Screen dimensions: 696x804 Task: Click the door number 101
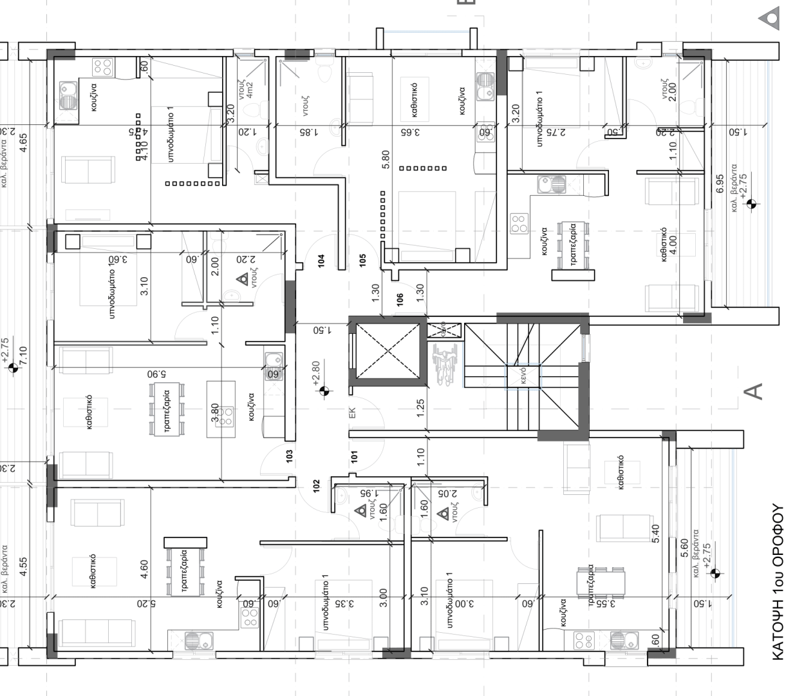pyautogui.click(x=354, y=457)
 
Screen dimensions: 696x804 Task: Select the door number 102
pyautogui.click(x=317, y=486)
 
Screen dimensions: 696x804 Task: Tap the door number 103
pyautogui.click(x=290, y=457)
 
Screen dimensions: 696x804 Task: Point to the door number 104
pyautogui.click(x=321, y=260)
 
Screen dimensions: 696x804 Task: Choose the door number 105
pyautogui.click(x=363, y=260)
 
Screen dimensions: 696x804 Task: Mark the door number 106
pyautogui.click(x=400, y=300)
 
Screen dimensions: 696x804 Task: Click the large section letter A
pyautogui.click(x=753, y=391)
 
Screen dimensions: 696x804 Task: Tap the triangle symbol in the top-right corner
pyautogui.click(x=769, y=18)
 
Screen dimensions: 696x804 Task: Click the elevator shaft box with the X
pyautogui.click(x=385, y=351)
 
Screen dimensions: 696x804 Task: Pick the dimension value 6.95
pyautogui.click(x=720, y=183)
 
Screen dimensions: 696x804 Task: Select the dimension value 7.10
pyautogui.click(x=24, y=355)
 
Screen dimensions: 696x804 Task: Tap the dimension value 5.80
pyautogui.click(x=386, y=159)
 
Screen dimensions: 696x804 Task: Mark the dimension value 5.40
pyautogui.click(x=657, y=534)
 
